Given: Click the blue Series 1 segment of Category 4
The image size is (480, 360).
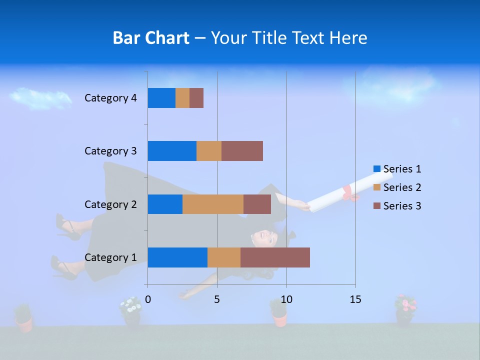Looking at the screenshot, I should (161, 98).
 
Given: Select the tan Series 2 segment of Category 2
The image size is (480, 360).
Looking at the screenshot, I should (213, 204).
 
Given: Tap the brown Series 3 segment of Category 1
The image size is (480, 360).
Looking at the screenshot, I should (275, 257).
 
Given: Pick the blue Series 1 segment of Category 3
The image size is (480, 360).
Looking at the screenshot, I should (172, 151).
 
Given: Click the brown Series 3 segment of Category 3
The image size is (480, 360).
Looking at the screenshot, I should (242, 151).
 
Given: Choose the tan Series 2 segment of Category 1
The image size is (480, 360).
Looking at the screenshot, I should (224, 257).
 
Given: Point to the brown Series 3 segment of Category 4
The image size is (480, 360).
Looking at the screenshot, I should (196, 98).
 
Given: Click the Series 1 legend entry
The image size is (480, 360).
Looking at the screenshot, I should (397, 169).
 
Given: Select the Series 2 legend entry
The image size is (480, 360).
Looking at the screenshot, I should (397, 187).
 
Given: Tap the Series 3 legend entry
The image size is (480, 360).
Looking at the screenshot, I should (397, 206).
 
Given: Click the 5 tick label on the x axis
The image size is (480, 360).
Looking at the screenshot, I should (217, 299).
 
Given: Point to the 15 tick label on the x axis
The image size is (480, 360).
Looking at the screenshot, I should (355, 299).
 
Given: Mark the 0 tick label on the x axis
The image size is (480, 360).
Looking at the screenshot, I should (148, 299).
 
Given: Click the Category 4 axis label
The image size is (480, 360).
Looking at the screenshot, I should (110, 98).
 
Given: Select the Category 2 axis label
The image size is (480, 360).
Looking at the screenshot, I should (110, 204).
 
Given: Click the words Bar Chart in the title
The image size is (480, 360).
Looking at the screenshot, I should (151, 38).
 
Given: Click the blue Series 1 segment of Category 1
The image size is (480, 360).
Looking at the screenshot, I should (177, 257).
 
